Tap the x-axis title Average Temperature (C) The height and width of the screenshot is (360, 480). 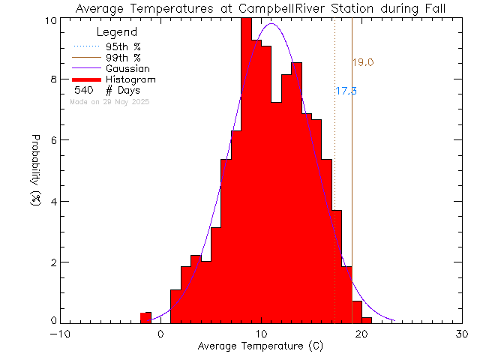pyautogui.click(x=260, y=346)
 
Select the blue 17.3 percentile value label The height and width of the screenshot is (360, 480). pyautogui.click(x=346, y=91)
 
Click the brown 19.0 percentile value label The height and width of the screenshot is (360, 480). pyautogui.click(x=363, y=63)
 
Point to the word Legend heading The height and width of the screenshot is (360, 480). pyautogui.click(x=118, y=32)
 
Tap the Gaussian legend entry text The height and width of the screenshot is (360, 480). pyautogui.click(x=130, y=68)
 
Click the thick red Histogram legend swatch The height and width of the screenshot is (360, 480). pyautogui.click(x=86, y=79)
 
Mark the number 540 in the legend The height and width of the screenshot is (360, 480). pyautogui.click(x=82, y=90)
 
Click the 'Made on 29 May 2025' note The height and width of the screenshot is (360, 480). pyautogui.click(x=109, y=101)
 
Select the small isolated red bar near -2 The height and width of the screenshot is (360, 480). pyautogui.click(x=146, y=317)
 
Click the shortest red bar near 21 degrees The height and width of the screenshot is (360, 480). pyautogui.click(x=367, y=319)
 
